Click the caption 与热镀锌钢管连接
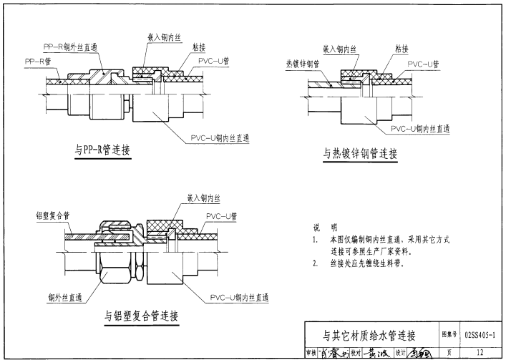click(x=359, y=153)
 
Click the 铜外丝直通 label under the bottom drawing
click(x=67, y=296)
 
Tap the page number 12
click(x=480, y=351)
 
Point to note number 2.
click(x=316, y=263)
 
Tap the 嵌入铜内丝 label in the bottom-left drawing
click(x=207, y=197)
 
